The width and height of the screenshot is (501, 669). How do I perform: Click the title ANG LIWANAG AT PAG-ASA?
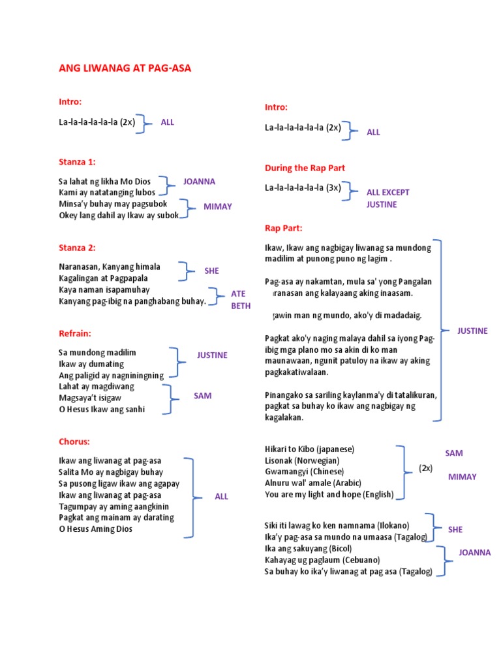tap(125, 69)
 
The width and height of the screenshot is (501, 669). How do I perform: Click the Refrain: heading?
tap(75, 333)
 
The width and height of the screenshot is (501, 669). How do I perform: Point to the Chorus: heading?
tap(74, 442)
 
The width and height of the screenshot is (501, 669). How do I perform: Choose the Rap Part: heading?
tap(284, 228)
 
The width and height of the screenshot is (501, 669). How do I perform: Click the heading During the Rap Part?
tap(305, 168)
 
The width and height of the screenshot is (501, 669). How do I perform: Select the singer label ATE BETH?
tap(240, 300)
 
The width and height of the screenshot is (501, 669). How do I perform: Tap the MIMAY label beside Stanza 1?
tap(217, 206)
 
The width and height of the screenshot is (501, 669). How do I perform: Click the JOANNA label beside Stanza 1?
tap(199, 182)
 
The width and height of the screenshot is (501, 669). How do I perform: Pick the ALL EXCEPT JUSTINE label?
tap(387, 198)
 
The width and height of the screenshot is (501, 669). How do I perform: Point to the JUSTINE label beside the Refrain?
tap(212, 355)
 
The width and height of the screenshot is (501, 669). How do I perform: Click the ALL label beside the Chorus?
tap(222, 497)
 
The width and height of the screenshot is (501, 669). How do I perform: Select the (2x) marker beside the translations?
tap(425, 468)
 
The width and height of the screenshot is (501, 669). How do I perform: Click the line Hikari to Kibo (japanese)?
tap(309, 449)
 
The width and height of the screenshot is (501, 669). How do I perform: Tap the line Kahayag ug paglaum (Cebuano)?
tap(322, 560)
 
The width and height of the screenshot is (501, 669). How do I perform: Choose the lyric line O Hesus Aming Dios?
tap(96, 529)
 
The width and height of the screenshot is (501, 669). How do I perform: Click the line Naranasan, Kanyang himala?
tap(110, 267)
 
